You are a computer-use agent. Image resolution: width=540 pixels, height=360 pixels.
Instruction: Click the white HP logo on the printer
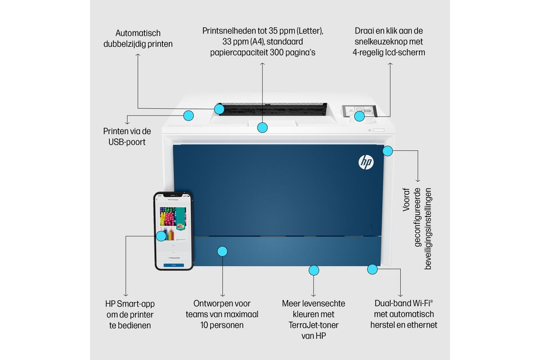point(366,162)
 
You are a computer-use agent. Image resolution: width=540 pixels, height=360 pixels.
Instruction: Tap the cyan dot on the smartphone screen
point(161,236)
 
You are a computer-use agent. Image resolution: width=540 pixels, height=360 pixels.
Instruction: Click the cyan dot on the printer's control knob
point(360,117)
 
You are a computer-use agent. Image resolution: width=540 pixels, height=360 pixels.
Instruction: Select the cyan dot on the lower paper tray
point(222,252)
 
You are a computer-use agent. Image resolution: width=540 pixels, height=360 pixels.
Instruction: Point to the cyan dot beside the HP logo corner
point(387,151)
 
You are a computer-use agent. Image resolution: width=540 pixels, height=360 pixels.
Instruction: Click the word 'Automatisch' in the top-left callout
point(138,33)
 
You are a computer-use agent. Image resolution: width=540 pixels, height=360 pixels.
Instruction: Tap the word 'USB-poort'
point(127,142)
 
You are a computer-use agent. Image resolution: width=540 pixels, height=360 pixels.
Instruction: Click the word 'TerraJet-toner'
point(313,325)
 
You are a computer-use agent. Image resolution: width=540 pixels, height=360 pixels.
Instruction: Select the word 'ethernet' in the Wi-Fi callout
point(422,325)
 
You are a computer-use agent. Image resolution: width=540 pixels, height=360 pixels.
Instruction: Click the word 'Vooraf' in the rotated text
point(406,200)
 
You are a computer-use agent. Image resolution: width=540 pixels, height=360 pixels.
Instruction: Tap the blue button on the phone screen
point(174,265)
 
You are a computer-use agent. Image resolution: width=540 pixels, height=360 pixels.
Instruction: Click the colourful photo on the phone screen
point(173,216)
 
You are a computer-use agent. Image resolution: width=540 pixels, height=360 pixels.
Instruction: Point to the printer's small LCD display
point(360,111)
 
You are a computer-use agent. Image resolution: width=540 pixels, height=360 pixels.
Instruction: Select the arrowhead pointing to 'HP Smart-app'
point(126,295)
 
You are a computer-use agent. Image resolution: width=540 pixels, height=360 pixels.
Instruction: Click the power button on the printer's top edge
point(369,130)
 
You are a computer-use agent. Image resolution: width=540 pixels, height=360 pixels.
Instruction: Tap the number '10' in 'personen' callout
point(204,325)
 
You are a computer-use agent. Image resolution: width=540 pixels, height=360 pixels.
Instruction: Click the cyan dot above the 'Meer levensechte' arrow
point(314,270)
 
